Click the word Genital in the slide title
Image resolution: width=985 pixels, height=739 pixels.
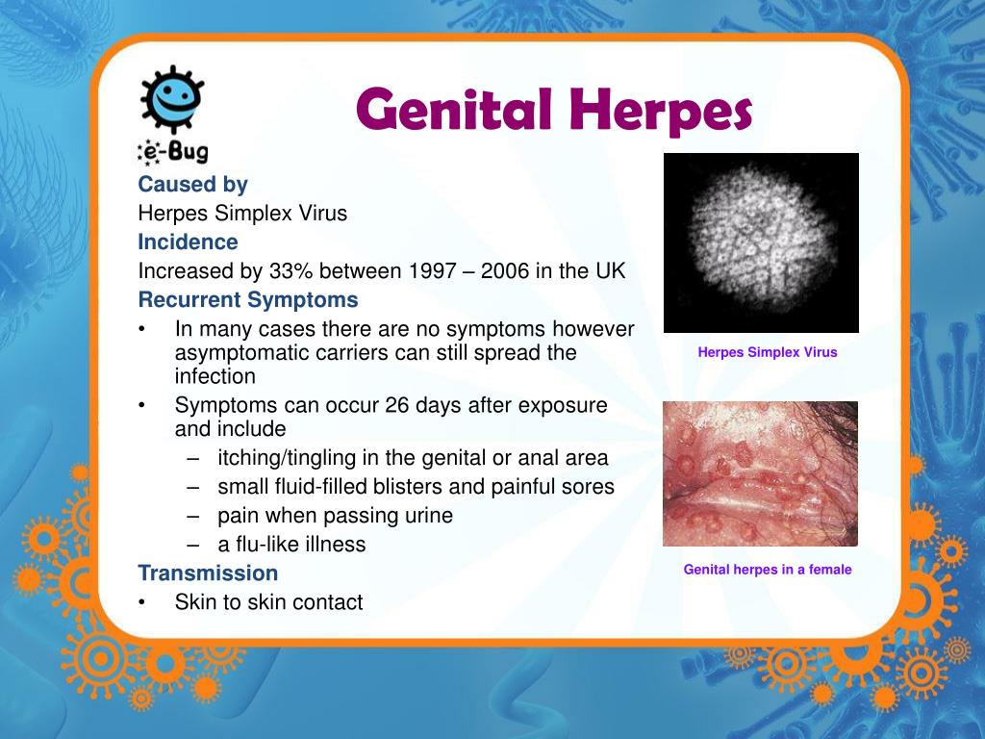pyautogui.click(x=454, y=110)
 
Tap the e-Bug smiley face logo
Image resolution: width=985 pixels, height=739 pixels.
pyautogui.click(x=172, y=99)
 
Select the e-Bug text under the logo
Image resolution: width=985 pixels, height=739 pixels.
pyautogui.click(x=173, y=151)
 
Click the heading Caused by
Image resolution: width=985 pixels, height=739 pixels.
pyautogui.click(x=192, y=184)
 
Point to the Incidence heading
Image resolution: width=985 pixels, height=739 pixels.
pyautogui.click(x=188, y=242)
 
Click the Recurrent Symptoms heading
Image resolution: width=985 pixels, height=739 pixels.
pyautogui.click(x=248, y=300)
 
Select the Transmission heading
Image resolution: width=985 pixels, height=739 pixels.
pyautogui.click(x=208, y=573)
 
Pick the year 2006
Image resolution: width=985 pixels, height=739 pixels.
pyautogui.click(x=505, y=270)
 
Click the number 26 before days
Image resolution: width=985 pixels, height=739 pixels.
pyautogui.click(x=397, y=405)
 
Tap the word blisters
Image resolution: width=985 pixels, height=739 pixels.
pyautogui.click(x=414, y=487)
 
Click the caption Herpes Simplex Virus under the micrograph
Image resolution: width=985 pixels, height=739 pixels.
pyautogui.click(x=768, y=352)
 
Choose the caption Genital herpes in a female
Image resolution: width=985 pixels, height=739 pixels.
pyautogui.click(x=768, y=570)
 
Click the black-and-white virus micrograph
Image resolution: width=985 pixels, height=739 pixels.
pyautogui.click(x=762, y=242)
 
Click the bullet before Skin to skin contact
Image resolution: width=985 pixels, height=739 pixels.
pyautogui.click(x=142, y=602)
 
